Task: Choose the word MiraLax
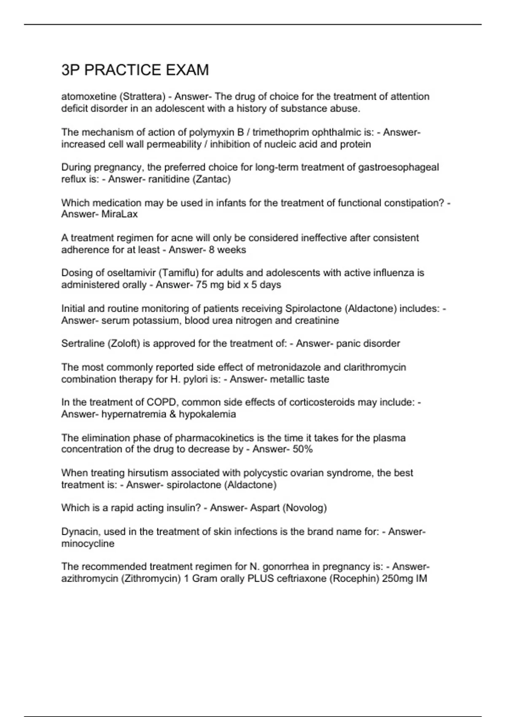pyautogui.click(x=120, y=214)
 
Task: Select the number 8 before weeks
pyautogui.click(x=211, y=250)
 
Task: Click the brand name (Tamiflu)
pyautogui.click(x=179, y=273)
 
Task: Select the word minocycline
pyautogui.click(x=88, y=544)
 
